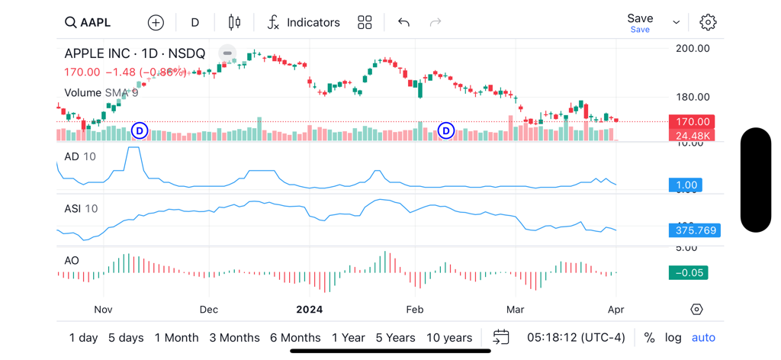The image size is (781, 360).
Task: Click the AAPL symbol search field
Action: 88,22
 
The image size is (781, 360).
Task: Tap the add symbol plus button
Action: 156,22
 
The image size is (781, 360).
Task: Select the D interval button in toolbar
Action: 194,22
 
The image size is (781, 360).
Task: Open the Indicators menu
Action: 303,22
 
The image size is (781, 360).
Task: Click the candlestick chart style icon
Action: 234,22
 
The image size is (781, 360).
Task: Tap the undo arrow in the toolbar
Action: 403,22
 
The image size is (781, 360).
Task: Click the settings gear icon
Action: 708,22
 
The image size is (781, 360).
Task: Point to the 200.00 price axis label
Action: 693,48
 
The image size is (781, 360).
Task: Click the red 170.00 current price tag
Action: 692,122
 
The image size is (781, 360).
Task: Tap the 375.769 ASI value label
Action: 694,230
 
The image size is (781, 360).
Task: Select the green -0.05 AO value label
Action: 688,272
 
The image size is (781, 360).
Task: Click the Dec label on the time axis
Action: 208,310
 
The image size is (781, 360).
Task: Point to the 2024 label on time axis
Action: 310,310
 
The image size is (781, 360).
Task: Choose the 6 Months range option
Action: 295,337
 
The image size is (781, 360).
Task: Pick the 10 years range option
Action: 449,337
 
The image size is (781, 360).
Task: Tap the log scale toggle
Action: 673,337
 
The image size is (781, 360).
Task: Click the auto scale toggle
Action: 703,337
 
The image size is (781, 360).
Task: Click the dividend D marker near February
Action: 446,131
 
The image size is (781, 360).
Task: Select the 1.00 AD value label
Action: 686,185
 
